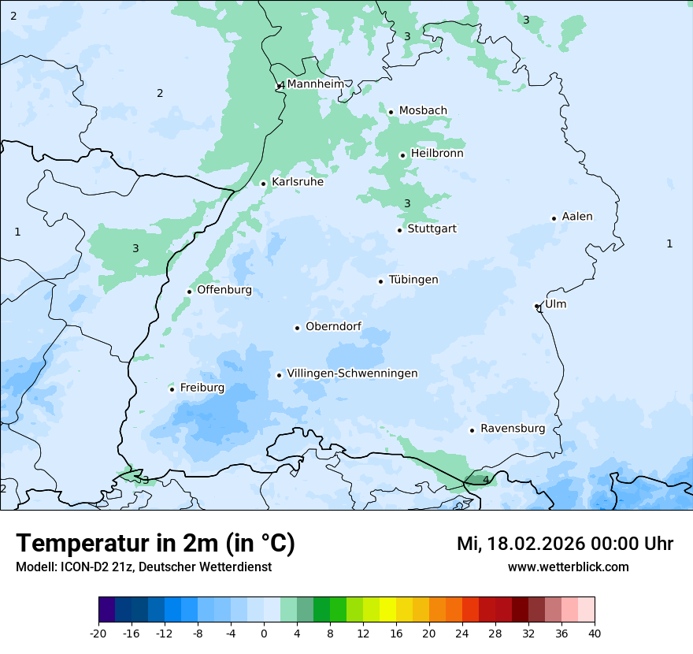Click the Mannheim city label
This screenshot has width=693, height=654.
pyautogui.click(x=316, y=84)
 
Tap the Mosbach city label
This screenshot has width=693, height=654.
pyautogui.click(x=423, y=111)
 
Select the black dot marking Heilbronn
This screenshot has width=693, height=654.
pyautogui.click(x=402, y=155)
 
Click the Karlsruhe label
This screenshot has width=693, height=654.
pyautogui.click(x=298, y=182)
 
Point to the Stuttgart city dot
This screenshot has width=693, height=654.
pyautogui.click(x=399, y=230)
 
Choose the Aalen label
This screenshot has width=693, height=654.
pyautogui.click(x=577, y=217)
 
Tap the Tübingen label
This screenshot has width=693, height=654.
pyautogui.click(x=413, y=280)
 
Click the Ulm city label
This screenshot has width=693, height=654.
pyautogui.click(x=555, y=304)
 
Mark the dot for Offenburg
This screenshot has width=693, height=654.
pyautogui.click(x=189, y=292)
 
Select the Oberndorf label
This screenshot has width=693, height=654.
pyautogui.click(x=333, y=327)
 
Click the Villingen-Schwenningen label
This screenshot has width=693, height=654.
pyautogui.click(x=352, y=373)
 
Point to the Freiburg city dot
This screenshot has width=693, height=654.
pyautogui.click(x=172, y=389)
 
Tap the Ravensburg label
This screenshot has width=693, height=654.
pyautogui.click(x=513, y=429)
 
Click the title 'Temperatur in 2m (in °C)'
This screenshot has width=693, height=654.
pyautogui.click(x=155, y=543)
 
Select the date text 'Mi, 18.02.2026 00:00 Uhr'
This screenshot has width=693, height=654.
pyautogui.click(x=565, y=544)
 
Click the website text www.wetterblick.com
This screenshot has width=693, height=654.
pyautogui.click(x=569, y=567)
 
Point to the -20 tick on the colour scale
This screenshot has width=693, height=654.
pyautogui.click(x=98, y=634)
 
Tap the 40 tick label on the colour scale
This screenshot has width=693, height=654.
pyautogui.click(x=595, y=634)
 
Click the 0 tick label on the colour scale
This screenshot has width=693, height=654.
pyautogui.click(x=264, y=634)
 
